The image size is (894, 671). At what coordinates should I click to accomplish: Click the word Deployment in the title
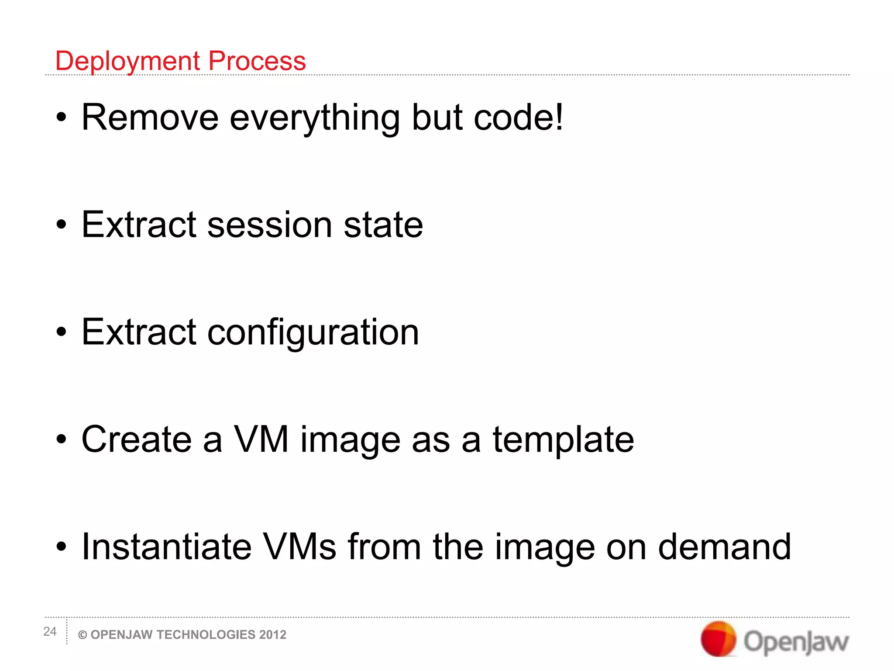point(128,61)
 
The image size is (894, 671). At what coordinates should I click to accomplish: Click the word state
point(383,225)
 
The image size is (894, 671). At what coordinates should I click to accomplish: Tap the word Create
point(137,439)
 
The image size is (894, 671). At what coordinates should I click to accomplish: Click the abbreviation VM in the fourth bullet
point(261,439)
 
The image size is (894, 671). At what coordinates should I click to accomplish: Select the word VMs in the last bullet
point(300,547)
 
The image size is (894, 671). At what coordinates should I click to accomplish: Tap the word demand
point(724,547)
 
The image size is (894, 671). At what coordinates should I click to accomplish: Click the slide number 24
point(50,631)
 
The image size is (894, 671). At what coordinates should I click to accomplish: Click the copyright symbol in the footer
point(83,635)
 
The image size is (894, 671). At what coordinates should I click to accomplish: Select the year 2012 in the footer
point(272,635)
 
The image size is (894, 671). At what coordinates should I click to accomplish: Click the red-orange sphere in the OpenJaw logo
point(718,639)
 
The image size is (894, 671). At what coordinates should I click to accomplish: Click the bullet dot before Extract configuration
point(62,332)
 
